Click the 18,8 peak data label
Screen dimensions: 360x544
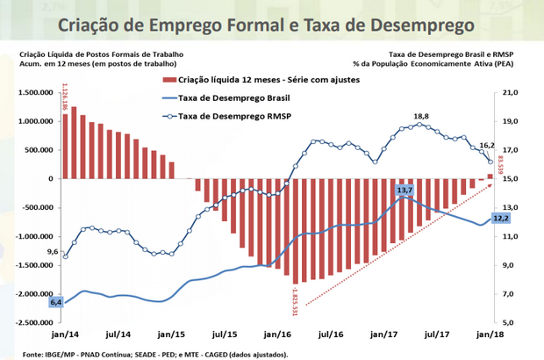tap(421, 116)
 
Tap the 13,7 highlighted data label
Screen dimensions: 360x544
tap(404, 189)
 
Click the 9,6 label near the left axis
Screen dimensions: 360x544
tap(54, 252)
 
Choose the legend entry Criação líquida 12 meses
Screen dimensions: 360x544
tap(249, 80)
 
